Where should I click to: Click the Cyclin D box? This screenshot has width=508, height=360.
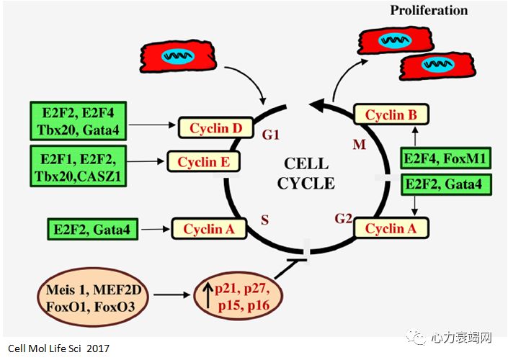pos(215,129)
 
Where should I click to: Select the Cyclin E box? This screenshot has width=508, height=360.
pos(203,161)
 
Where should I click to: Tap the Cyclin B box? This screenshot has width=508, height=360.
pos(391,114)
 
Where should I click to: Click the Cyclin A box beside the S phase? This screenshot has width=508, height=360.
pos(209,229)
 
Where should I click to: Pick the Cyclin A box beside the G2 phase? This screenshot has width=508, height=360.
pos(391,229)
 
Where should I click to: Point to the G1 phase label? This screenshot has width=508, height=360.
pos(270,135)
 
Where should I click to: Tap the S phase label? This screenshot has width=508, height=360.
pos(264,220)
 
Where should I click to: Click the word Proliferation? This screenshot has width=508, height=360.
pos(429,10)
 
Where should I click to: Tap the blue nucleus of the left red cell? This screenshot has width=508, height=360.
pos(177,55)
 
